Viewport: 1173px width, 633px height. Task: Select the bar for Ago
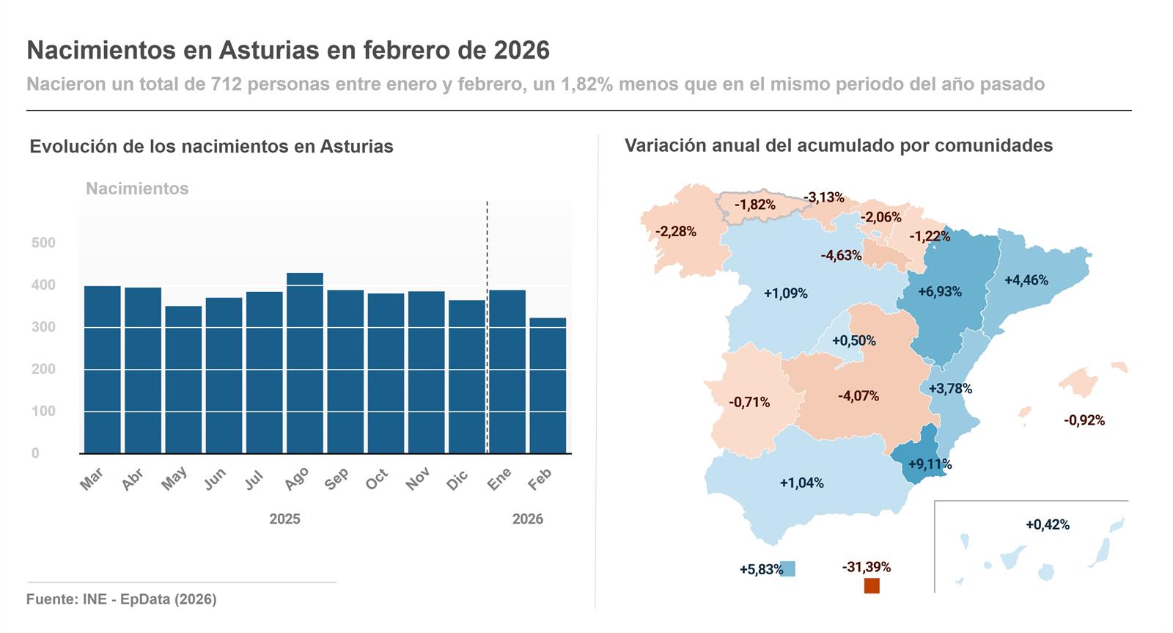coord(304,363)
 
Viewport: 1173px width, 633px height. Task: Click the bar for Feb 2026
coord(548,385)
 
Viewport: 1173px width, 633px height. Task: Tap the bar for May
coord(183,379)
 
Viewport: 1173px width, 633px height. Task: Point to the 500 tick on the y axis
coord(43,243)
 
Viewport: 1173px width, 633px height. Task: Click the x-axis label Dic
coord(457,481)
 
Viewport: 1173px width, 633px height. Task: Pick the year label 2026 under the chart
coord(527,519)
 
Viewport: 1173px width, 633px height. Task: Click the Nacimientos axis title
coord(137,189)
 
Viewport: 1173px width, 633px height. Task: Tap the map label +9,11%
coord(930,464)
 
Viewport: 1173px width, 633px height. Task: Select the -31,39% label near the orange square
coord(866,567)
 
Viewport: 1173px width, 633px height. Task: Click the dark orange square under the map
coord(871,585)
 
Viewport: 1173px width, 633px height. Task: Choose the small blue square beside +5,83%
coord(787,568)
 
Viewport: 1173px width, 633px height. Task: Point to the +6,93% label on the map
coord(939,292)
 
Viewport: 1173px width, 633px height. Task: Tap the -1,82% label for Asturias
coord(755,205)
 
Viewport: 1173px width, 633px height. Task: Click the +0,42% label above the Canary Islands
coord(1047,525)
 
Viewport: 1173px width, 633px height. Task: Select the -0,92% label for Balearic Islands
coord(1084,420)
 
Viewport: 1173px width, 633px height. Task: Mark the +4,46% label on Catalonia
coord(1026,280)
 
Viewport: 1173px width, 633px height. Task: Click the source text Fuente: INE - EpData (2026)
coord(122,599)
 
